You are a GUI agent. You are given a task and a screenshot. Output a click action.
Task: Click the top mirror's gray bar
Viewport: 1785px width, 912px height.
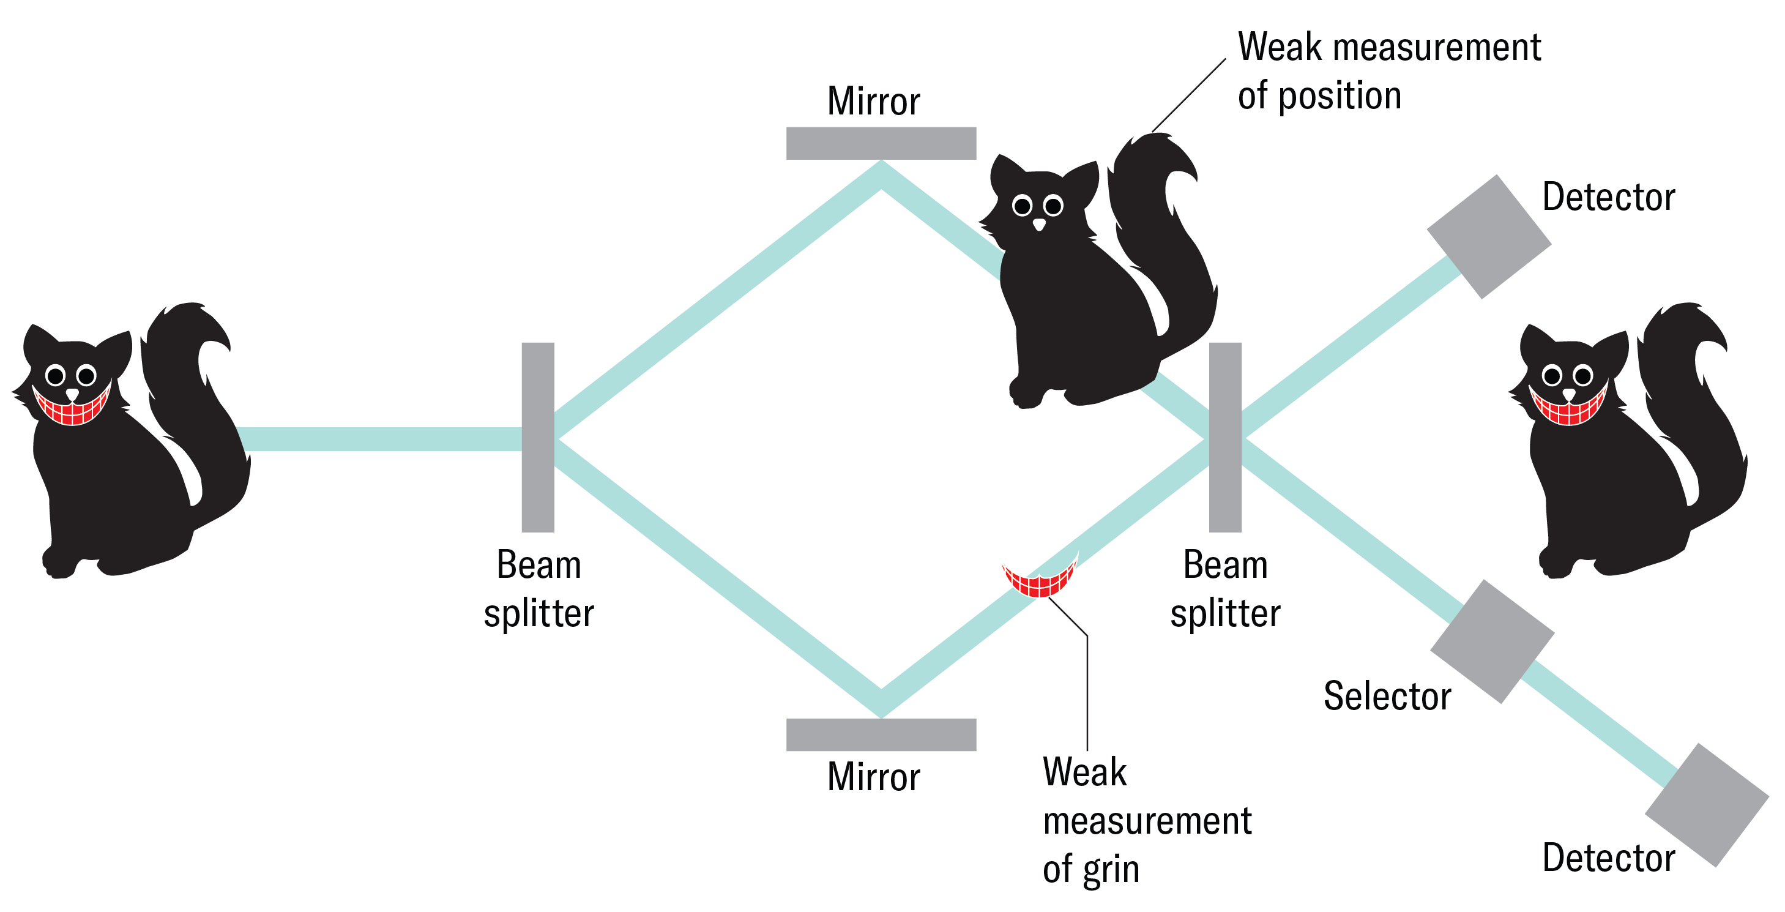tap(881, 143)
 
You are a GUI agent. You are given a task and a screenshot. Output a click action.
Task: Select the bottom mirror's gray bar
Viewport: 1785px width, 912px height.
tap(881, 734)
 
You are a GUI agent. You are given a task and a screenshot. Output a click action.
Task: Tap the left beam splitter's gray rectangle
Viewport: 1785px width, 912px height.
tap(538, 436)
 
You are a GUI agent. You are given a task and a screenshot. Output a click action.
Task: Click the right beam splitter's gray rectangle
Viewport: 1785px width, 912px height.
tap(1225, 436)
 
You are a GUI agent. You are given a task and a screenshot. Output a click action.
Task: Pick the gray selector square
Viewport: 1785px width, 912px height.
tap(1492, 641)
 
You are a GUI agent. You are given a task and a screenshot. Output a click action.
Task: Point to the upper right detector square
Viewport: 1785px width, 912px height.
tap(1488, 236)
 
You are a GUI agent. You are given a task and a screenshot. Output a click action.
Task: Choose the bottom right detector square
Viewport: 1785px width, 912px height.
tap(1706, 805)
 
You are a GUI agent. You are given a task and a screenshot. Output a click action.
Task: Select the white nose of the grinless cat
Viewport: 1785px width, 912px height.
tap(1038, 224)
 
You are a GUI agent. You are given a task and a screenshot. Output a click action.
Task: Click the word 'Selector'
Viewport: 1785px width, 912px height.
tap(1387, 696)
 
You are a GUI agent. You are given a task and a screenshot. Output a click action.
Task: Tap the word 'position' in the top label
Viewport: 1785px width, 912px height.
tap(1340, 95)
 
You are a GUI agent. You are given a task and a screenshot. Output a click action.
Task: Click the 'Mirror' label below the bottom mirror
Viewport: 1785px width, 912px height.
tap(873, 776)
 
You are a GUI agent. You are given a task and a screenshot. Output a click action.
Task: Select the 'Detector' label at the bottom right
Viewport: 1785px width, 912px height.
tap(1608, 858)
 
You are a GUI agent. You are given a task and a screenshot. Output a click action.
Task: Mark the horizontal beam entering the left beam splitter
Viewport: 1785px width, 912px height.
tap(381, 439)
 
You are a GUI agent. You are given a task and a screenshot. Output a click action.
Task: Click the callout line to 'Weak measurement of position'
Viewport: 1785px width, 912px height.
tap(1188, 95)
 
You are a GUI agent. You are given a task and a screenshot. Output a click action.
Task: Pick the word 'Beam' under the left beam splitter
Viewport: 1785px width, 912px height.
tap(539, 565)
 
